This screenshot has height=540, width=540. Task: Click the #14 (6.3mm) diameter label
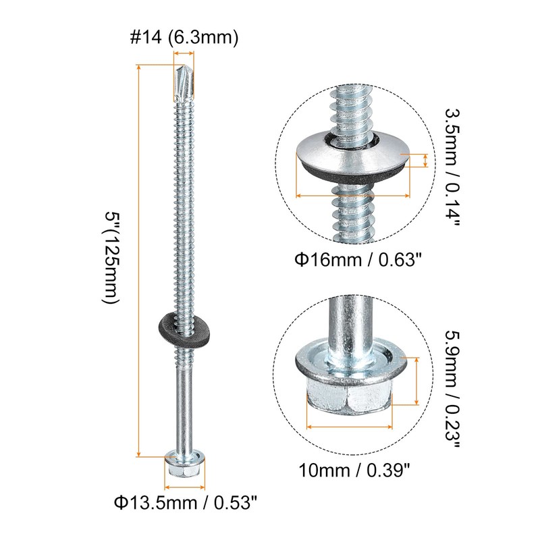(x=184, y=39)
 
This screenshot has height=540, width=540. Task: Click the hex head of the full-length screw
(x=184, y=466)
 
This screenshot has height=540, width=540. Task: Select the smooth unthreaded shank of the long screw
(x=184, y=405)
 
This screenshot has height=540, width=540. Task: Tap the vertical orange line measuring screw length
(x=139, y=260)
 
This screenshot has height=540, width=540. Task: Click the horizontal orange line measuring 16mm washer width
(x=354, y=196)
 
